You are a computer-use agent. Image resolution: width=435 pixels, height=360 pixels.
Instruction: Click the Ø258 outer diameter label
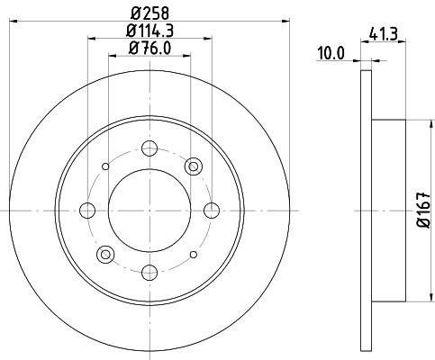(x=150, y=12)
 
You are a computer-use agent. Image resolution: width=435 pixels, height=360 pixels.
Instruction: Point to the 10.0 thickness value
(x=332, y=55)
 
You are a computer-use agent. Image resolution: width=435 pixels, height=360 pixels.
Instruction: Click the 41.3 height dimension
(x=385, y=36)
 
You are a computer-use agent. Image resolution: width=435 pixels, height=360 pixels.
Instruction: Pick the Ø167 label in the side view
(x=421, y=209)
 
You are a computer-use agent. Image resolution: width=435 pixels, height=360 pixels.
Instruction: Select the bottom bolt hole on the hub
(x=150, y=270)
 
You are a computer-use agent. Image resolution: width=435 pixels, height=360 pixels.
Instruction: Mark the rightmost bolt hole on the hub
(x=212, y=210)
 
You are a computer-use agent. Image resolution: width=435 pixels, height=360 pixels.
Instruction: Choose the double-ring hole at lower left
(x=107, y=254)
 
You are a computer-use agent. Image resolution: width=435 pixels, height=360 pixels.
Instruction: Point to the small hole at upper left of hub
(x=107, y=166)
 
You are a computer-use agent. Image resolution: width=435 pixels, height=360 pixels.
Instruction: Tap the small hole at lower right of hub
(x=194, y=254)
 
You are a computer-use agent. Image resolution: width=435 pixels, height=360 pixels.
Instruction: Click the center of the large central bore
(x=150, y=210)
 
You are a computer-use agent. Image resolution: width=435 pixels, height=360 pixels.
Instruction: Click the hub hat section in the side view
(x=387, y=210)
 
